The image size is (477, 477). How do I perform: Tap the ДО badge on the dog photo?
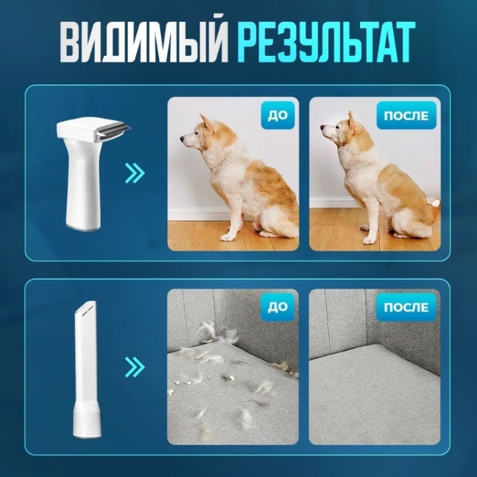pyautogui.click(x=277, y=116)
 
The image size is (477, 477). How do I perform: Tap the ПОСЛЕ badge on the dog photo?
pyautogui.click(x=406, y=116)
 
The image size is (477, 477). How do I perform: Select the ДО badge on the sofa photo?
pyautogui.click(x=277, y=307)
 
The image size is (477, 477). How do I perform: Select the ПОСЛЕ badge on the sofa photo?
pyautogui.click(x=406, y=307)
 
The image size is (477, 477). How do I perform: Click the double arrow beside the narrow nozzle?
pyautogui.click(x=135, y=366)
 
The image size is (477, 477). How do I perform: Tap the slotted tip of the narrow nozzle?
pyautogui.click(x=86, y=310)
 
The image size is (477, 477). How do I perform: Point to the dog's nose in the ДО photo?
pyautogui.click(x=182, y=139)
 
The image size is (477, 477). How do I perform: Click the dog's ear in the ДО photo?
pyautogui.click(x=204, y=121)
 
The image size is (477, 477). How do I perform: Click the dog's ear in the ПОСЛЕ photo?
pyautogui.click(x=351, y=119)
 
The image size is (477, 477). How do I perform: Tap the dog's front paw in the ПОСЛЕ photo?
pyautogui.click(x=369, y=240)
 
